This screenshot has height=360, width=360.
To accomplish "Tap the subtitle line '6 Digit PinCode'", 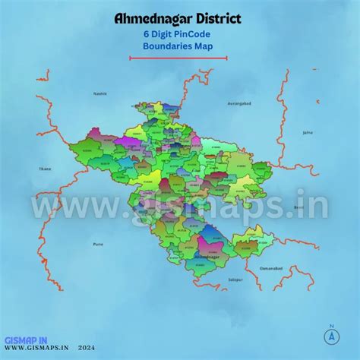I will pyautogui.click(x=179, y=33).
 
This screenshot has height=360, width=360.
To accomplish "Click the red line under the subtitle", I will pyautogui.click(x=179, y=56).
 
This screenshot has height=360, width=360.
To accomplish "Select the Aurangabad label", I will pyautogui.click(x=238, y=102).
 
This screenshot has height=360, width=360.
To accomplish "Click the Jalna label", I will pyautogui.click(x=307, y=132).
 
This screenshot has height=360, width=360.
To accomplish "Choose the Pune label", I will pyautogui.click(x=98, y=244).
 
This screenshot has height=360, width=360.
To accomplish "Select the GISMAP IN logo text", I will pyautogui.click(x=24, y=340).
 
